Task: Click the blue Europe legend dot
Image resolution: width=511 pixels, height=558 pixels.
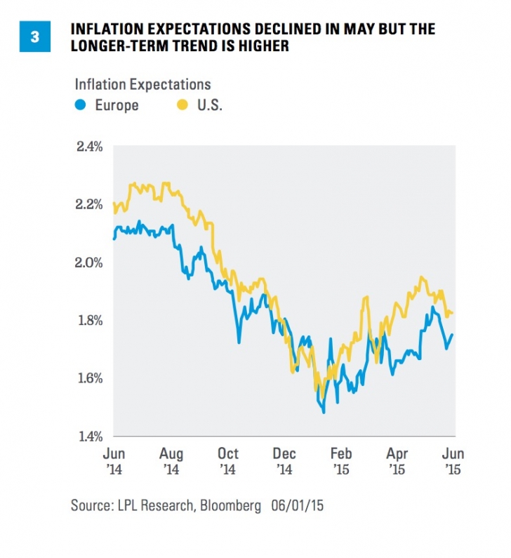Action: pos(81,106)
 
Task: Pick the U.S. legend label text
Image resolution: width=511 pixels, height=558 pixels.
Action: pos(208,106)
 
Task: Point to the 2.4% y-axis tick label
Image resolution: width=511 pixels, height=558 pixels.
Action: pos(91,147)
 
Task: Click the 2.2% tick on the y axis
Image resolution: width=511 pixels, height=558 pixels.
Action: pos(91,205)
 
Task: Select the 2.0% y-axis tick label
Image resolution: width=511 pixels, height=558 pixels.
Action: pos(91,263)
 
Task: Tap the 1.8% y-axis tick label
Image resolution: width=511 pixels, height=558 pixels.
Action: pos(91,321)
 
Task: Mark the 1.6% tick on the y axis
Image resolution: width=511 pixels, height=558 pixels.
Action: pos(91,379)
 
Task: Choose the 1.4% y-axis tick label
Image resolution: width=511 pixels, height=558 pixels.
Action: pos(91,437)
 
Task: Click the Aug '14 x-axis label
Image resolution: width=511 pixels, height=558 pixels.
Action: pos(171,460)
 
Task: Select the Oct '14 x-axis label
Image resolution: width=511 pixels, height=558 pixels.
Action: pos(228,460)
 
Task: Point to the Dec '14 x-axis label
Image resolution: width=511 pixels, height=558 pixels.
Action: pos(284,460)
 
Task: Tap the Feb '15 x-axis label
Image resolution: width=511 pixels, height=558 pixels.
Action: pos(341,460)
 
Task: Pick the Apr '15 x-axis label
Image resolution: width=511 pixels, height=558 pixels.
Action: pos(397,460)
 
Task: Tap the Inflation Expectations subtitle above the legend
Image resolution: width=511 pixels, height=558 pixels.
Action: pos(142,85)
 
